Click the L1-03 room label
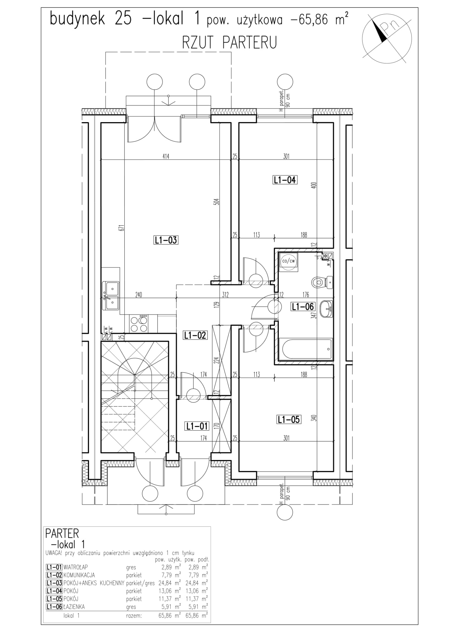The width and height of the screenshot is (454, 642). pos(166,240)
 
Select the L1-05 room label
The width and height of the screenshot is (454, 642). pos(289,419)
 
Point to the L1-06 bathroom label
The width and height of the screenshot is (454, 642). pos(302,306)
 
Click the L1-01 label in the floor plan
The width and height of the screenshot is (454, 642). pos(197,426)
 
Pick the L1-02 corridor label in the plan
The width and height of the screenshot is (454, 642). pos(195,335)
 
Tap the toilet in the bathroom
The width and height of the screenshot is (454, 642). pos(323,282)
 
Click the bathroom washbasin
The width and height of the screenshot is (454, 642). pos(326,309)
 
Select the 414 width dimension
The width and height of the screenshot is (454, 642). pos(166,157)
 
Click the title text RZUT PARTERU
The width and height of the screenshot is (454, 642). pos(229,42)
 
